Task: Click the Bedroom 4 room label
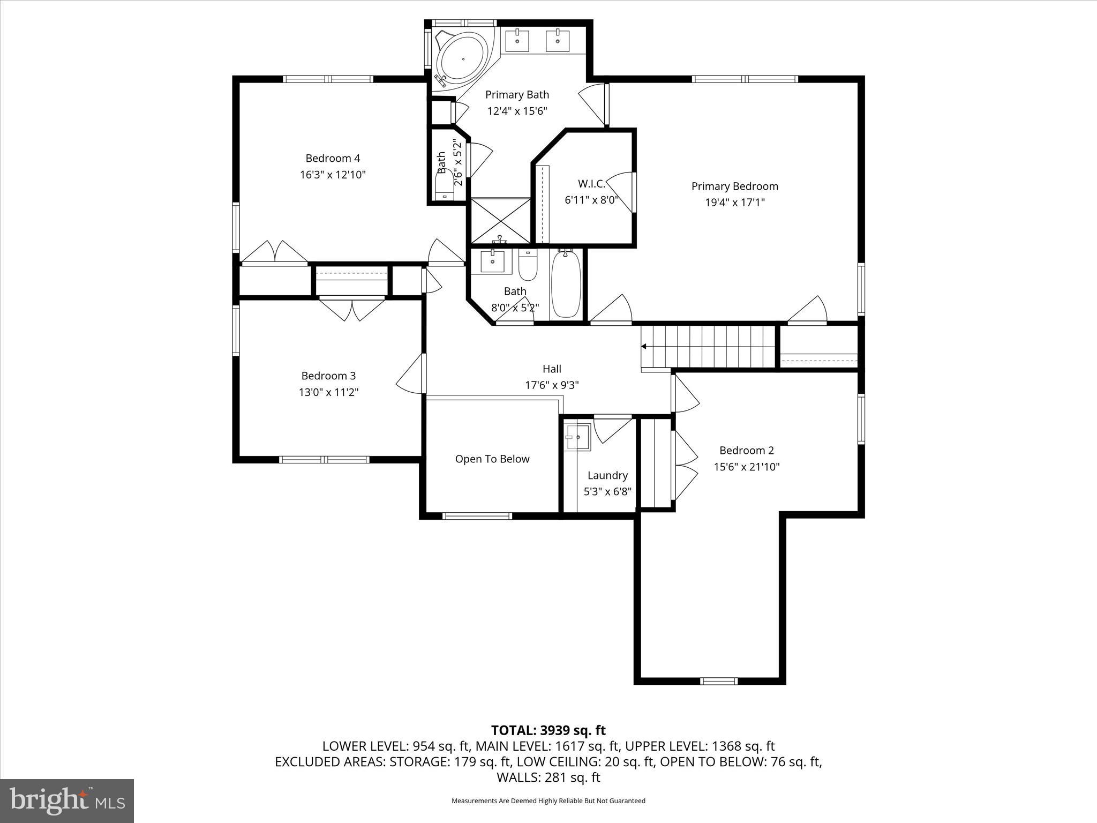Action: pyautogui.click(x=333, y=158)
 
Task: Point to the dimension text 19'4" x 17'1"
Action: pyautogui.click(x=734, y=203)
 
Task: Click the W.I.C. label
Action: pyautogui.click(x=591, y=184)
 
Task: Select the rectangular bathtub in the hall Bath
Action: pyautogui.click(x=566, y=285)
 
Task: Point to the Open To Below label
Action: pyautogui.click(x=492, y=459)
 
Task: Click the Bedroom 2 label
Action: pyautogui.click(x=746, y=451)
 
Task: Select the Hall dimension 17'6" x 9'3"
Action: pyautogui.click(x=552, y=385)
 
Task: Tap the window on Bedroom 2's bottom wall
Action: pyautogui.click(x=719, y=681)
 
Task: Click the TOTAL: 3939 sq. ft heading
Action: pyautogui.click(x=548, y=730)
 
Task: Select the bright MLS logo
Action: pyautogui.click(x=67, y=800)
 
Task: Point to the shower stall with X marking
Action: pyautogui.click(x=500, y=221)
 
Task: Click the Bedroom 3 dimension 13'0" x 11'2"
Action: pyautogui.click(x=328, y=392)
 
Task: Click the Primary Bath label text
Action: pyautogui.click(x=517, y=95)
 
